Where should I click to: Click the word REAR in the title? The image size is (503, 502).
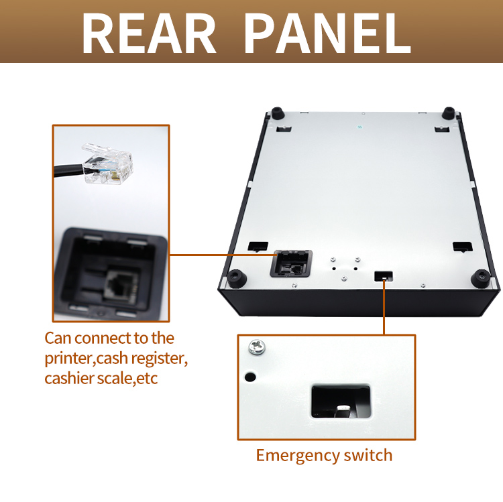[x=149, y=34]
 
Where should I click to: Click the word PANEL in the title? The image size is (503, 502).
[x=327, y=34]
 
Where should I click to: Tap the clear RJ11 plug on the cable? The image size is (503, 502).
[x=107, y=164]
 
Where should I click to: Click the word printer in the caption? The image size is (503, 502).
[x=68, y=359]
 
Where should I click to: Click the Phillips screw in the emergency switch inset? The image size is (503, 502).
[x=257, y=347]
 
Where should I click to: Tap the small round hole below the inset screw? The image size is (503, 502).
[x=250, y=377]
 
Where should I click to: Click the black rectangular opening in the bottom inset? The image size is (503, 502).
[x=341, y=401]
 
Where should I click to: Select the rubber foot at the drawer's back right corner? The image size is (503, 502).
[x=449, y=113]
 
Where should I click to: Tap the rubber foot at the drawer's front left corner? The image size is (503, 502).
[x=237, y=278]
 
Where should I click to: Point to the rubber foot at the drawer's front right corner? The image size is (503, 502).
[x=481, y=278]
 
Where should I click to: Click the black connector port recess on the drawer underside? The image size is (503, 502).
[x=291, y=263]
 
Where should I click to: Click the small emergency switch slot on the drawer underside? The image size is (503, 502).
[x=384, y=275]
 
